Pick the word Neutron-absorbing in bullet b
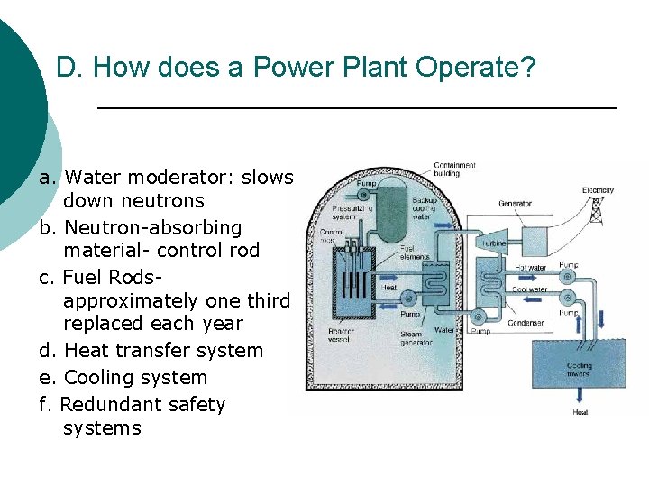(x=152, y=227)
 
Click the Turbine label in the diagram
(x=493, y=244)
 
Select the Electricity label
(x=597, y=191)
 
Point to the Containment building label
(x=455, y=170)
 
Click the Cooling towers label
(x=579, y=371)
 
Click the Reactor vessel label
(x=342, y=335)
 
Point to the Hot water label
(x=530, y=268)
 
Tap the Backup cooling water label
(x=425, y=208)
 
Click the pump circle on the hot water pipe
(x=568, y=277)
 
